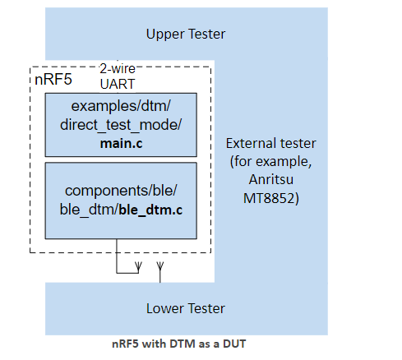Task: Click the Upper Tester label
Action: click(185, 34)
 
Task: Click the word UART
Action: click(118, 83)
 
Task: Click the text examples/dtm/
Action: click(120, 108)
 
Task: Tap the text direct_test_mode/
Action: click(120, 125)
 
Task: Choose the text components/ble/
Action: click(120, 192)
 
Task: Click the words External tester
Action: click(270, 144)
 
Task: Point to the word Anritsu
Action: click(270, 182)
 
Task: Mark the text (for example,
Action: click(270, 163)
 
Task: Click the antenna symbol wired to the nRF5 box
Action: click(137, 266)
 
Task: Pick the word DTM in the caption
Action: click(178, 344)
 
